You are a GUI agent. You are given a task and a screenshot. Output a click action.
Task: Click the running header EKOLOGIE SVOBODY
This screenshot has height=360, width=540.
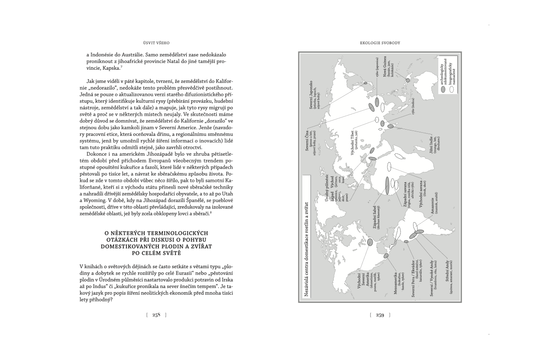380,43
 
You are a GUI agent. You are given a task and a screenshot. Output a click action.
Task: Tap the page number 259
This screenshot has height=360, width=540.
380,315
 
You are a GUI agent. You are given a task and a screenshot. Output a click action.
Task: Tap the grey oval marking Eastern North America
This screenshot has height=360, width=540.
370,242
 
